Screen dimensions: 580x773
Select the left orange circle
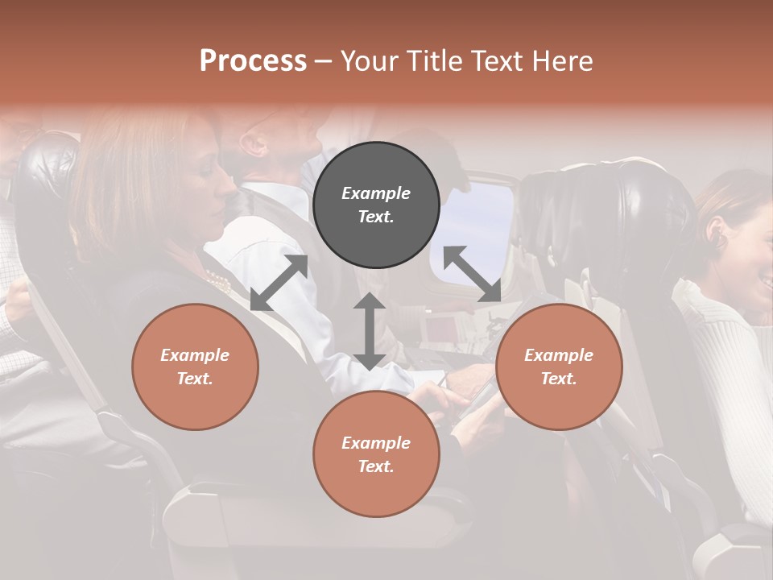[195, 367]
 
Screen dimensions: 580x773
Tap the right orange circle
[559, 367]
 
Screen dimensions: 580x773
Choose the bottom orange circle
[376, 454]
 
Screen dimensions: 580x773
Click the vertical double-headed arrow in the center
[369, 331]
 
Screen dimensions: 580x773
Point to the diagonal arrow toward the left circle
[279, 283]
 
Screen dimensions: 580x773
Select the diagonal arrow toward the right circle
[472, 274]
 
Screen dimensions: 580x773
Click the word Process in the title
[253, 60]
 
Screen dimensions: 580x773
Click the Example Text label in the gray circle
[376, 205]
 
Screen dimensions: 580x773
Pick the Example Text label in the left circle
[195, 367]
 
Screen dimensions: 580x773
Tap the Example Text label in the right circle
[559, 367]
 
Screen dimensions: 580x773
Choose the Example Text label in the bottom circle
[376, 454]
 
